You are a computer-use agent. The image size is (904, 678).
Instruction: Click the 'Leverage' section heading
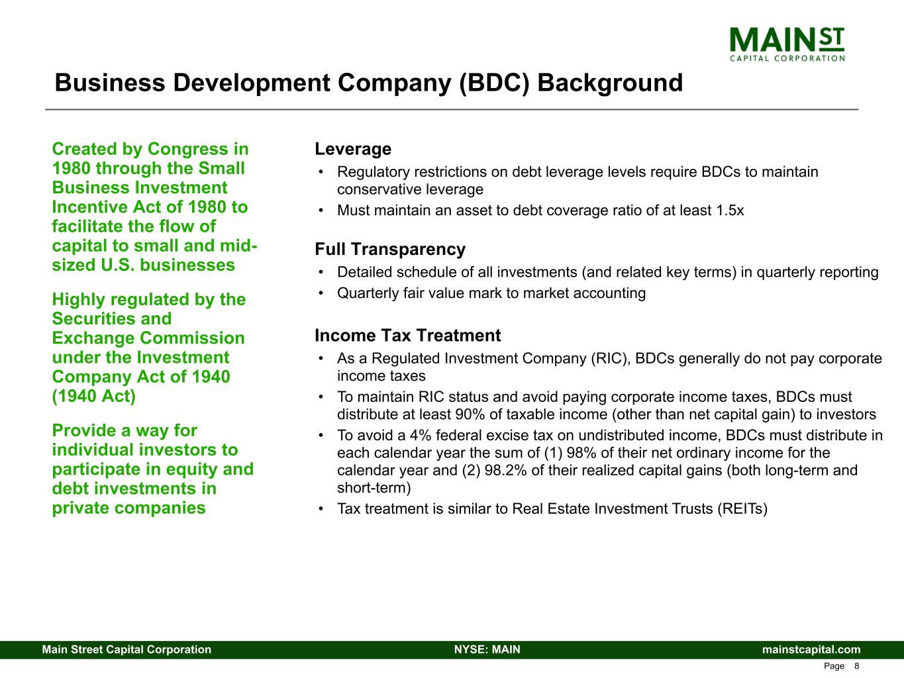click(353, 149)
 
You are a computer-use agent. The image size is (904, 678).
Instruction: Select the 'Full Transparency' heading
click(390, 250)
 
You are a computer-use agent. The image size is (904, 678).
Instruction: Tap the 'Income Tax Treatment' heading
click(407, 336)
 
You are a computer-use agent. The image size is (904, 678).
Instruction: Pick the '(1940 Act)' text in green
click(93, 396)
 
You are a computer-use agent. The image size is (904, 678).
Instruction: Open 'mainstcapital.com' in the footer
click(811, 650)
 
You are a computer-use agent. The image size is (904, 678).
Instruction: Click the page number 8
click(856, 666)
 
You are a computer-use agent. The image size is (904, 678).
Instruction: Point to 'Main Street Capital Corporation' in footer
click(126, 650)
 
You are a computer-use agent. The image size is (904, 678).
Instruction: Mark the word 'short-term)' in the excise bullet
click(374, 488)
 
